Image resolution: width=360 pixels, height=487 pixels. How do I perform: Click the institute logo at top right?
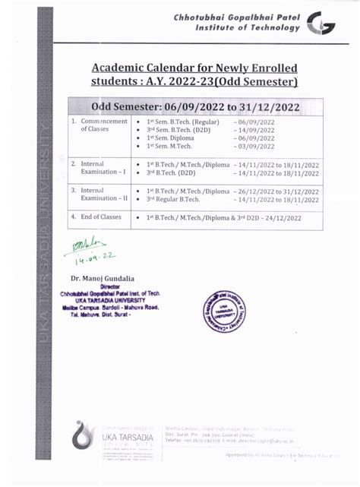tap(324, 25)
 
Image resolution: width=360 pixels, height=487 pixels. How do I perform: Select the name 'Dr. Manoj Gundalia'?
tap(105, 279)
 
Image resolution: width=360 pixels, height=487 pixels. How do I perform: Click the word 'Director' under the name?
tap(100, 287)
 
